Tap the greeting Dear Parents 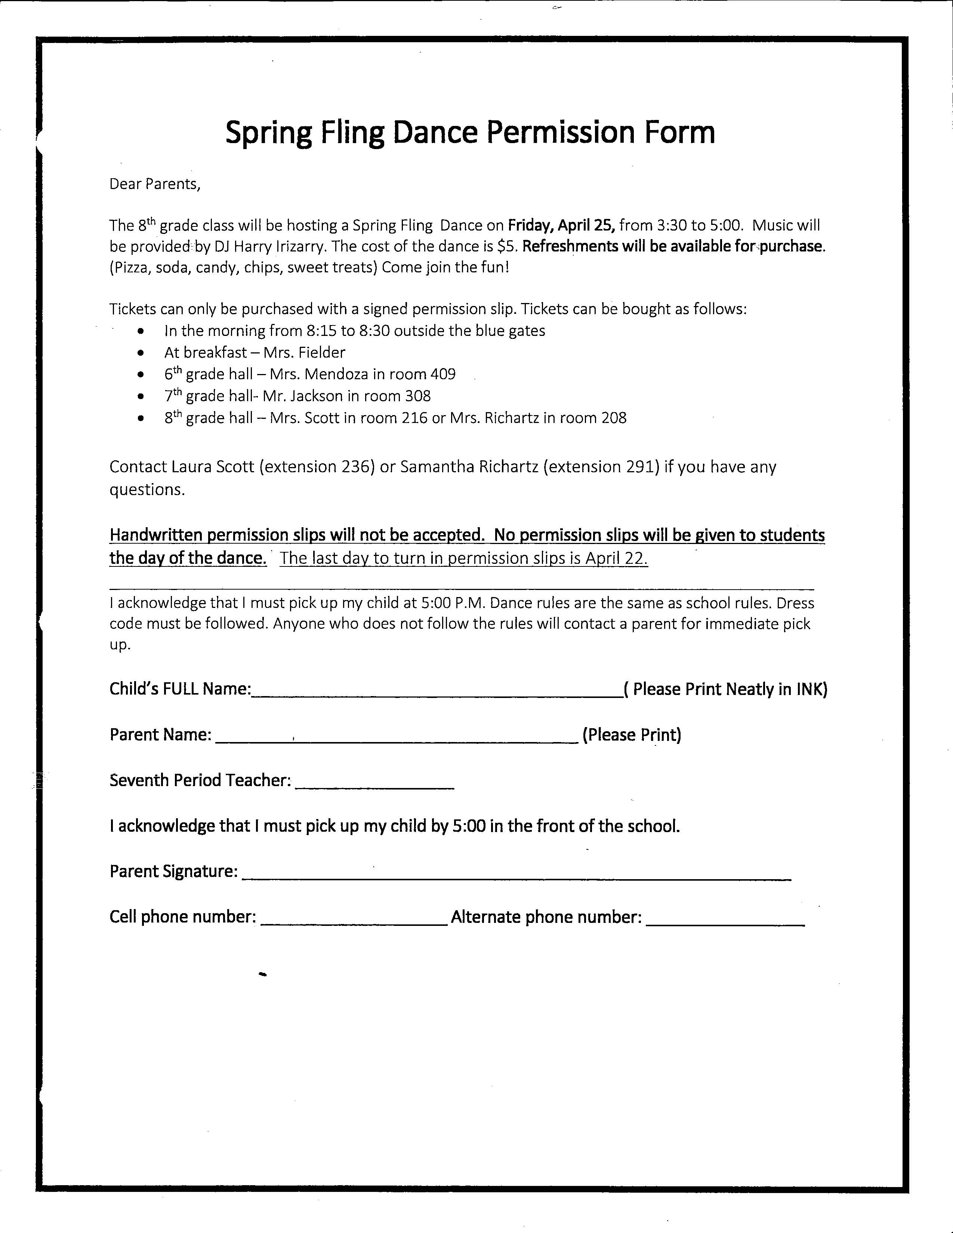pos(155,184)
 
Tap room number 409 pos(443,374)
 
